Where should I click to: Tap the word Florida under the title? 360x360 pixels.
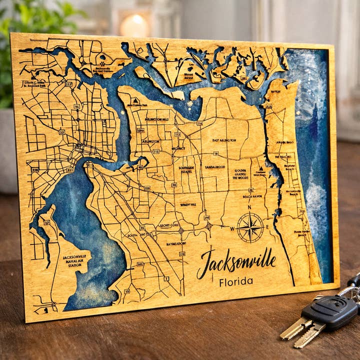tap(235, 281)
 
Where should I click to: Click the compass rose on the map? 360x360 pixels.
tap(250, 227)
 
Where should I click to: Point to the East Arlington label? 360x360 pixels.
tap(223, 141)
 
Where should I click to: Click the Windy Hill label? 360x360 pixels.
tap(188, 204)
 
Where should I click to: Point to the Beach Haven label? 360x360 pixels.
tap(252, 197)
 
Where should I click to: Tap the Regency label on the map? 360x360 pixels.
tap(178, 148)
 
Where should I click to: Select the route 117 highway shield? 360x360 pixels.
tap(68, 84)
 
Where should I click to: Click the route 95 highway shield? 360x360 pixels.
tap(76, 106)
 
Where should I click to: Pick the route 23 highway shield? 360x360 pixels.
tap(61, 132)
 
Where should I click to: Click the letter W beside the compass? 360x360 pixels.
tap(232, 228)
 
